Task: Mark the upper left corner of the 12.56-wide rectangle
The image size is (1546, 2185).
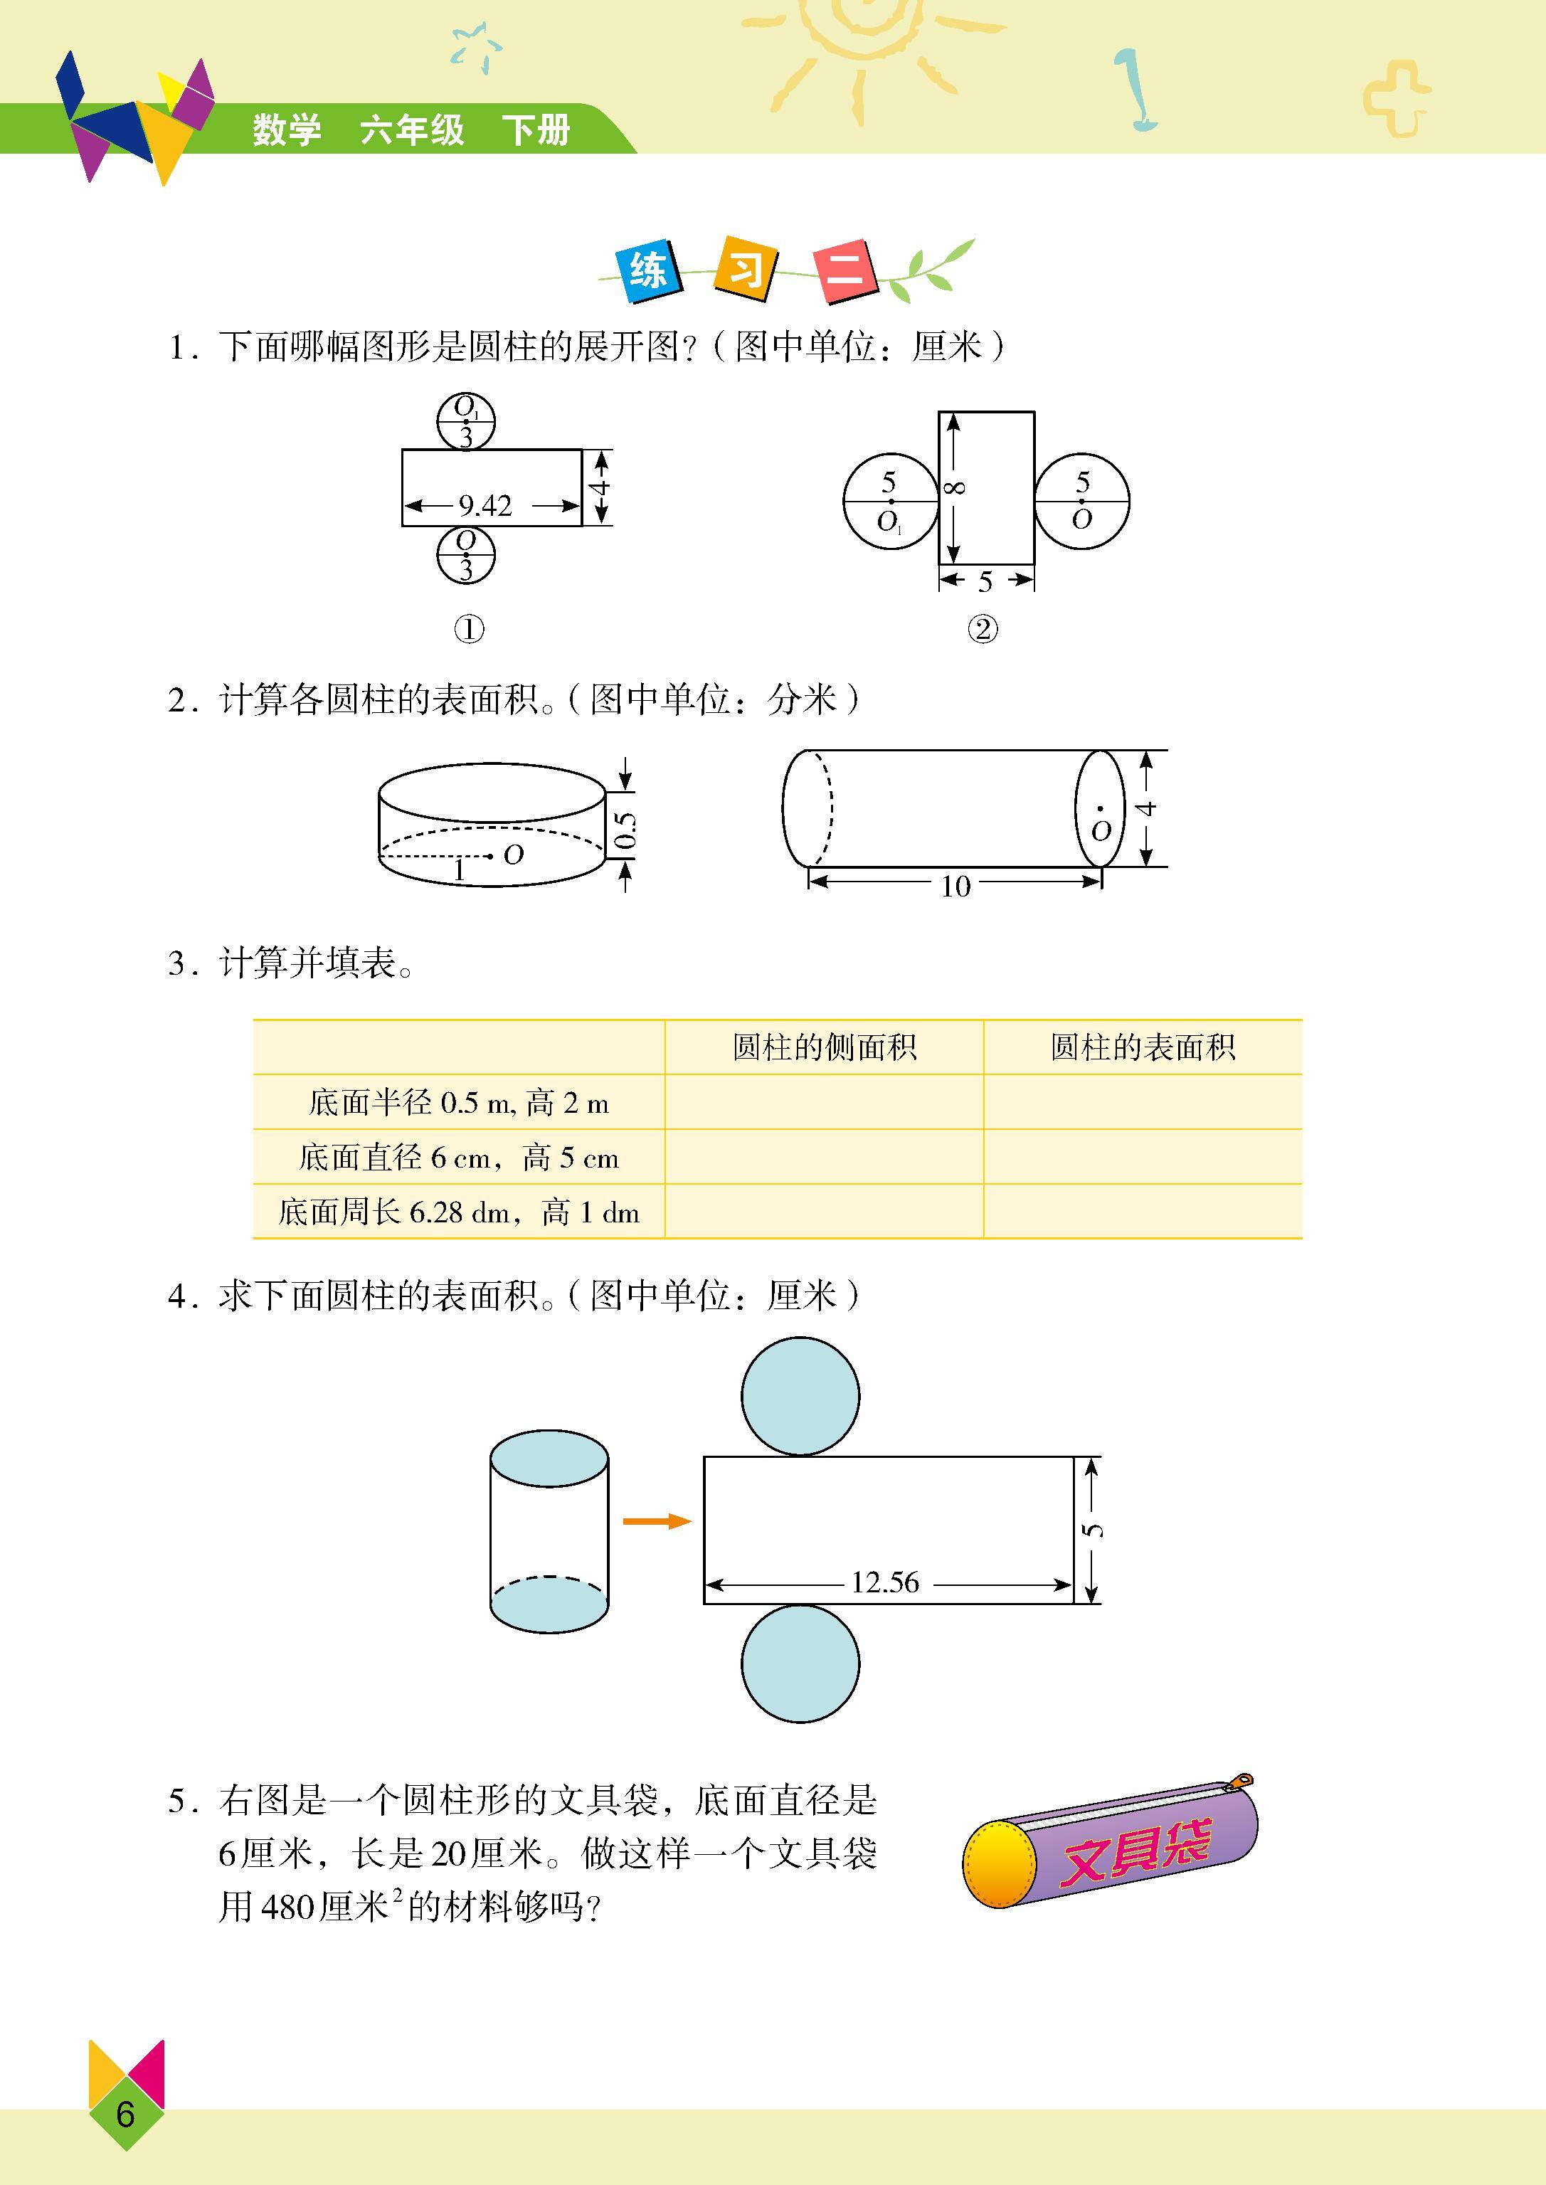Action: click(x=704, y=1456)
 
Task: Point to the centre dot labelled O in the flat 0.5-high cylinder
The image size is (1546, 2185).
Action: click(x=489, y=856)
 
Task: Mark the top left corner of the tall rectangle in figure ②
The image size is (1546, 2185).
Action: click(x=940, y=412)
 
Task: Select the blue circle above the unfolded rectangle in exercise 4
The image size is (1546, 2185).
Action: click(x=800, y=1396)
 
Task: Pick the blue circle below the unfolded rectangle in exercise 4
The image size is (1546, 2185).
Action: click(x=800, y=1663)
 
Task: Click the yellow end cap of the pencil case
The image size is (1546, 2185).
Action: click(x=999, y=1863)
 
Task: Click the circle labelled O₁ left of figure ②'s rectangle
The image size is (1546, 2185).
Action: click(x=891, y=501)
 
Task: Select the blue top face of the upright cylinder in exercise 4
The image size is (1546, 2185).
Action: click(x=549, y=1456)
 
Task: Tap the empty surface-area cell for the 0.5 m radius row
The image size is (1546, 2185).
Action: click(x=1143, y=1103)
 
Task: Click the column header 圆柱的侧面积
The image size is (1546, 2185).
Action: click(x=825, y=1047)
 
